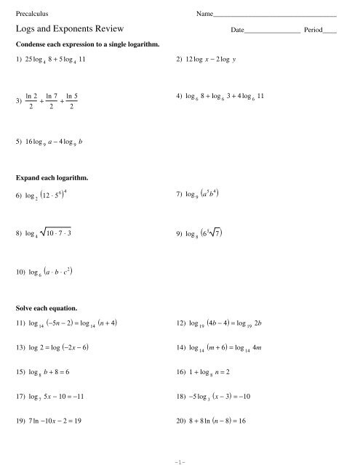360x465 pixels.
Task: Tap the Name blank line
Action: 275,16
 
